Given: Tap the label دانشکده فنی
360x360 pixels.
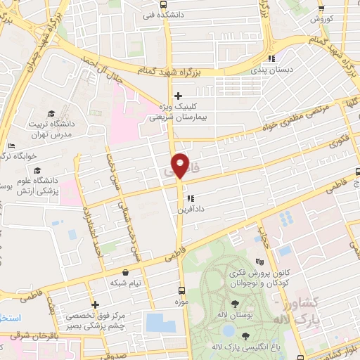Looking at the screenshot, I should pos(163,14).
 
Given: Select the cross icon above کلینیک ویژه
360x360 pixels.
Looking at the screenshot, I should pos(179,96).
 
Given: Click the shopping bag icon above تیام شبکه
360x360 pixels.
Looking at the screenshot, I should pos(125,272).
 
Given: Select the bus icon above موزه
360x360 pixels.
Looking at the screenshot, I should pos(182,290).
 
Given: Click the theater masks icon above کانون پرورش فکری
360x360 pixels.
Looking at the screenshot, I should pos(266,260).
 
